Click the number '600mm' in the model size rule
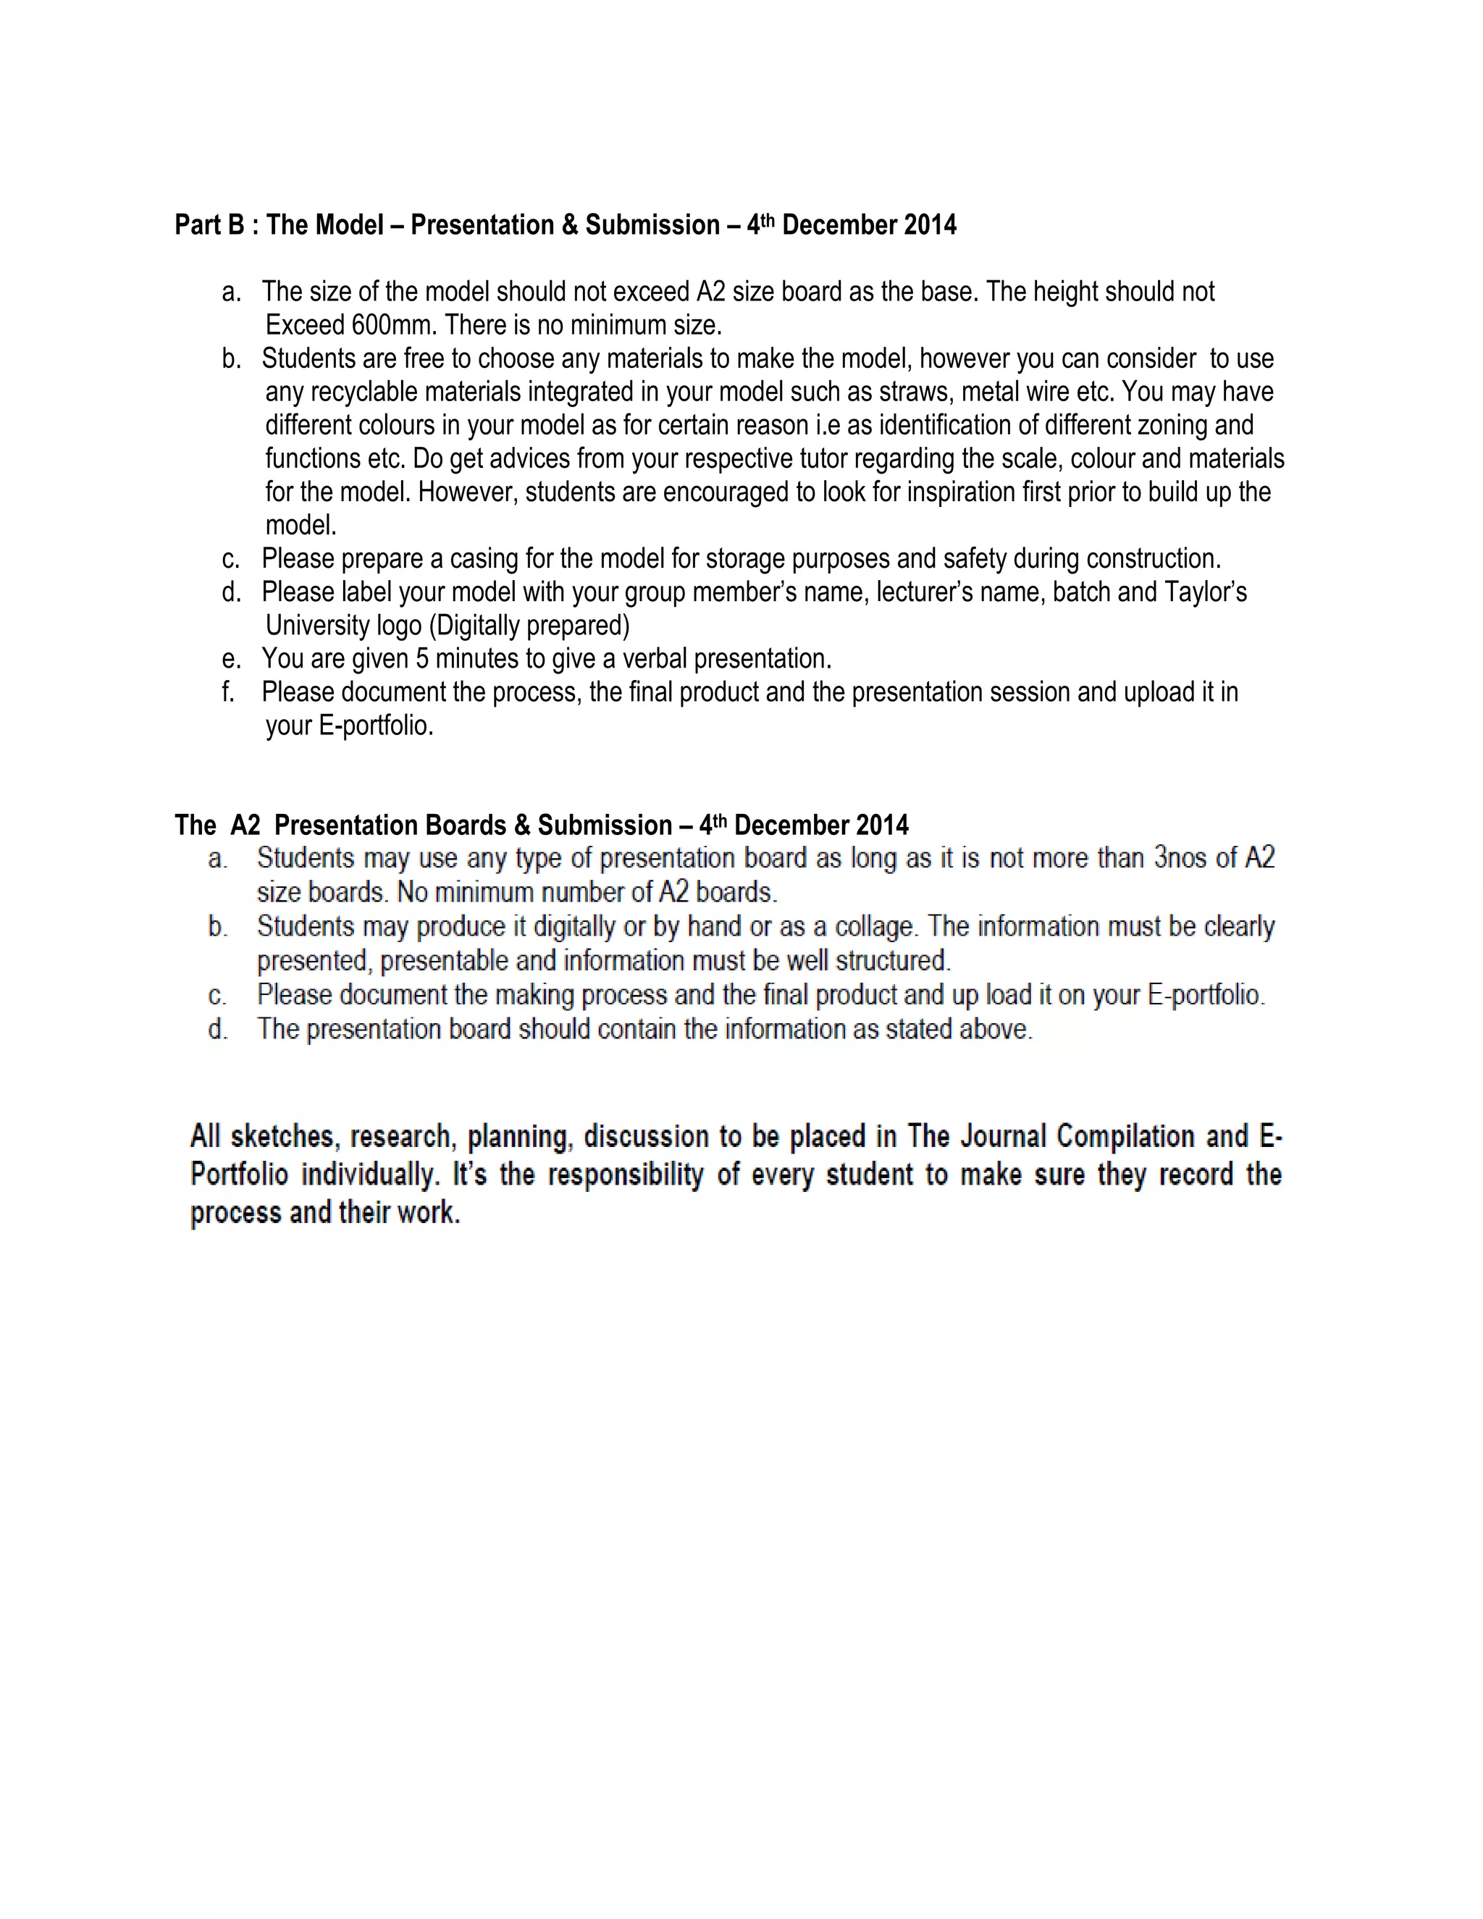pyautogui.click(x=394, y=326)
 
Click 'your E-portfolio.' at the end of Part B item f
pyautogui.click(x=349, y=726)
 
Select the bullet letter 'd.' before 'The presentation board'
pyautogui.click(x=217, y=1030)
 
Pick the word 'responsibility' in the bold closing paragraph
pyautogui.click(x=626, y=1175)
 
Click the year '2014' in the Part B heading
pyautogui.click(x=930, y=226)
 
